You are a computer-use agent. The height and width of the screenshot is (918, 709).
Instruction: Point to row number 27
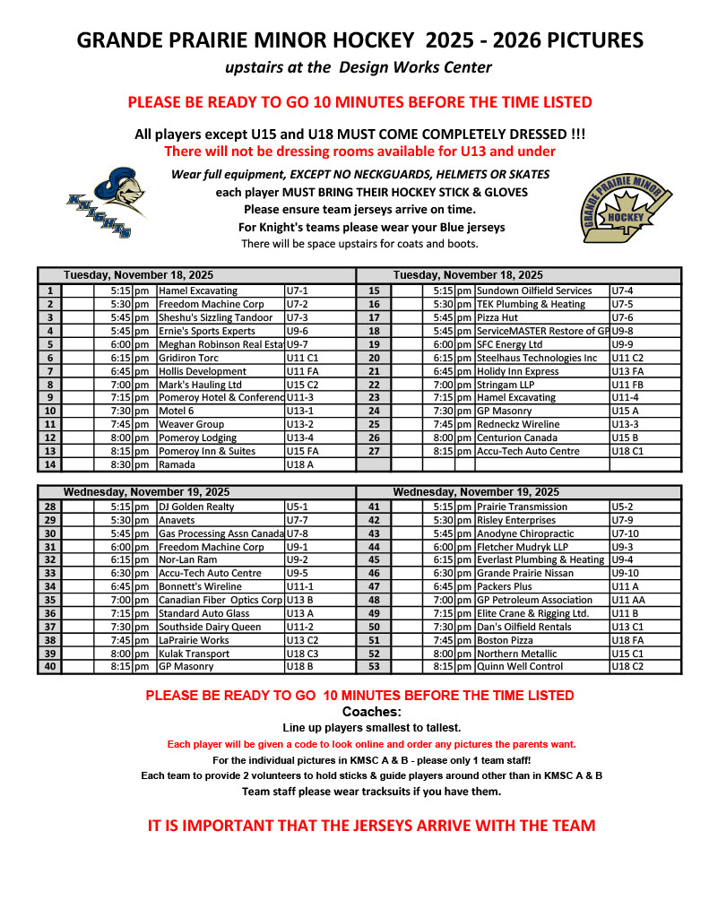tap(374, 451)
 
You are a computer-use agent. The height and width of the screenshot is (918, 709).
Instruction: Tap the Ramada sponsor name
tap(177, 464)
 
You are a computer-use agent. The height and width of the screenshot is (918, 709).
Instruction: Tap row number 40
tap(50, 667)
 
